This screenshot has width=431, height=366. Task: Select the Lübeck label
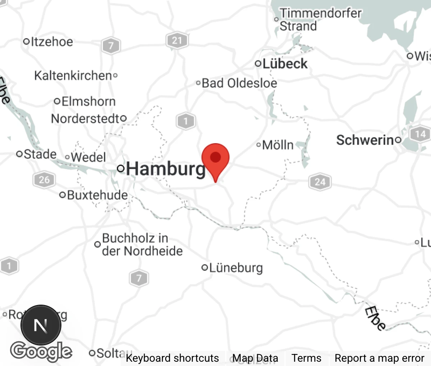point(285,64)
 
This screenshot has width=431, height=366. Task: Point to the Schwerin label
point(365,140)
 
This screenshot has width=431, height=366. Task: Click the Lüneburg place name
point(236,268)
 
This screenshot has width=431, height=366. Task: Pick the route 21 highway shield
point(177,40)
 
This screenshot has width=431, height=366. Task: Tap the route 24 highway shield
point(320,182)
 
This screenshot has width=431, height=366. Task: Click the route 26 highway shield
point(44,179)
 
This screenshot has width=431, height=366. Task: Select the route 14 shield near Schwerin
point(420,134)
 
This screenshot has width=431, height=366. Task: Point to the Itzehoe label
point(51,42)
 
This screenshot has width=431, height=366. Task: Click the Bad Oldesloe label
point(239,83)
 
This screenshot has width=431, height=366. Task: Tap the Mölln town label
point(278,145)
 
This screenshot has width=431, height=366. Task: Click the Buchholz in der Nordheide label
point(142,244)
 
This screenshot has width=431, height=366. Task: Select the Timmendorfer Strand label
point(320,19)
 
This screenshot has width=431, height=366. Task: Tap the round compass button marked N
point(41,325)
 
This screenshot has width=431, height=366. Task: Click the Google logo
point(41,351)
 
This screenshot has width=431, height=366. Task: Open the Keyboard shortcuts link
point(172,358)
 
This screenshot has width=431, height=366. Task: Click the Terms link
point(306,358)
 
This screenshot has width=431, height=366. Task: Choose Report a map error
point(379,358)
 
